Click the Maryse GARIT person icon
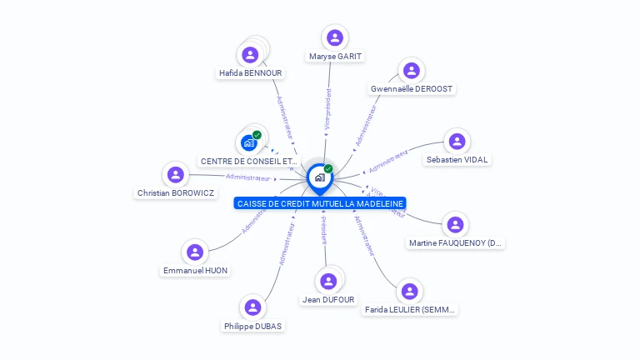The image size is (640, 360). [335, 37]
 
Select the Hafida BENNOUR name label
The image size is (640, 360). [250, 73]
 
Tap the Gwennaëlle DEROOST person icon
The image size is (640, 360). [410, 71]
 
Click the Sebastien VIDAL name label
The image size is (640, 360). [457, 159]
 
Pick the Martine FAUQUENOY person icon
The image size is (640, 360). [455, 225]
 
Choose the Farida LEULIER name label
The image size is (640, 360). [410, 310]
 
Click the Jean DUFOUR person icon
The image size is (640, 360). [328, 282]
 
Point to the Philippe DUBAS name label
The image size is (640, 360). [252, 326]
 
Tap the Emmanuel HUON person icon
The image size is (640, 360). [195, 252]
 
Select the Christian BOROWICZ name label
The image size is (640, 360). [175, 193]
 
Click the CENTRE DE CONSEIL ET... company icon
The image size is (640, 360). [249, 142]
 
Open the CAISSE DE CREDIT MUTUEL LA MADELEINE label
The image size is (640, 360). [321, 203]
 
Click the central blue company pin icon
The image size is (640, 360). [319, 177]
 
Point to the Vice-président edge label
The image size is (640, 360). [328, 112]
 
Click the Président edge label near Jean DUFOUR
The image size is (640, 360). [324, 230]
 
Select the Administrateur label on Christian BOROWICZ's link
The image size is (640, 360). [248, 177]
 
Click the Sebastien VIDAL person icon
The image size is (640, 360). [457, 141]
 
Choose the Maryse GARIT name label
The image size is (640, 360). [335, 57]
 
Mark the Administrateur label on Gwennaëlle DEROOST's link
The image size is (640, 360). [366, 126]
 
